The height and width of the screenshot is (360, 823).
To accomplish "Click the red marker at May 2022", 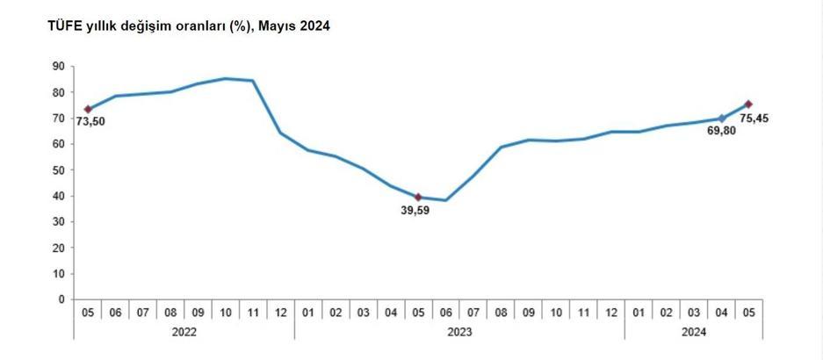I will tap(88, 109).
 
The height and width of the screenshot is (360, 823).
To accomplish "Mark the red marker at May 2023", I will tap(418, 197).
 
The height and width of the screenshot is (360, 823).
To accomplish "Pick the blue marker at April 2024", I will tap(721, 119).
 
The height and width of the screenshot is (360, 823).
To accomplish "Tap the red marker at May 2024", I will tap(748, 104).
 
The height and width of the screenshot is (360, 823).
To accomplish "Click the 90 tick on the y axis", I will tap(59, 66).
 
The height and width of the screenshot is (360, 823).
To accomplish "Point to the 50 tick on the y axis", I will tap(59, 169).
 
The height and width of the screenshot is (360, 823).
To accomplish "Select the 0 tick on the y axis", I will tap(61, 299).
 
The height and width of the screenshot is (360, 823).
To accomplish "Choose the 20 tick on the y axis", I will tap(59, 248).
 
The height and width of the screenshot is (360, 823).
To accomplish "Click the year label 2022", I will tap(184, 332).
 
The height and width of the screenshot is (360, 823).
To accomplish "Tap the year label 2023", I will tap(459, 332).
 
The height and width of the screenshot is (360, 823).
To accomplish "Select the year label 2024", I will tap(693, 332).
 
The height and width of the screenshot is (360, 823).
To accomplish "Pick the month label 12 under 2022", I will tap(280, 312).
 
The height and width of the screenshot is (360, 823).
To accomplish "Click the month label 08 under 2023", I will tap(501, 312).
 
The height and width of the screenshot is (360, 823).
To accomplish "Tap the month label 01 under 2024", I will tap(639, 312).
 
